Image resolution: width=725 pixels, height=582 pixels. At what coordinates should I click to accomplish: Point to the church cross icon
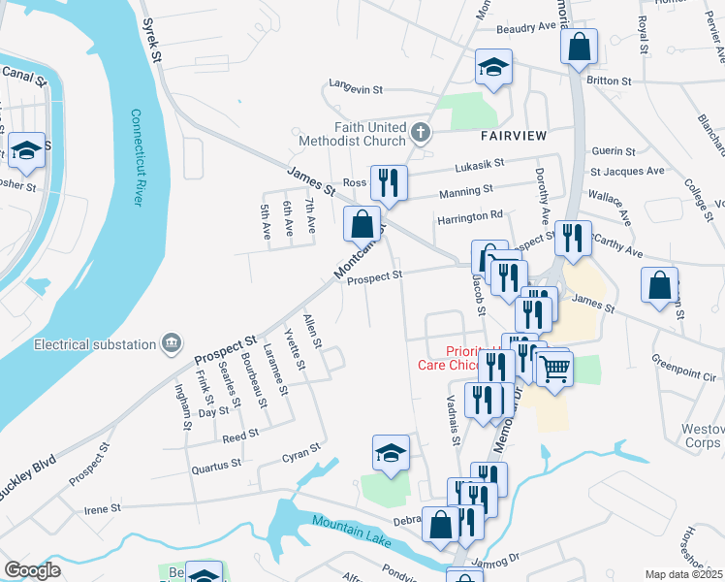coord(420,132)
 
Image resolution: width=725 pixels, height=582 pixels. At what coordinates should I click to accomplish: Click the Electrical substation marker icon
coord(172,342)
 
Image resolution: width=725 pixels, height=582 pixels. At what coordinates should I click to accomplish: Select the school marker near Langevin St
coord(492,67)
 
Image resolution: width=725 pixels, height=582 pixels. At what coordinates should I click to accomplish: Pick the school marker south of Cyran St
coord(392,452)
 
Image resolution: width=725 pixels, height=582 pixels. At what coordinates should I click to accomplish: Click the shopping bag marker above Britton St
coord(579,46)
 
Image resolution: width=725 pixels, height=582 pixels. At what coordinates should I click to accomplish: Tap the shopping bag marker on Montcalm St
coord(362,223)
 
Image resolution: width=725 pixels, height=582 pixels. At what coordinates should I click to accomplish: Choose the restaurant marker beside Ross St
coord(389,182)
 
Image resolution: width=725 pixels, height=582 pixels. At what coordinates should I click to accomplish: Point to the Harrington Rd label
coord(470,215)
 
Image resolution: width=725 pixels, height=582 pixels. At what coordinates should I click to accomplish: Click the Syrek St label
coord(150,39)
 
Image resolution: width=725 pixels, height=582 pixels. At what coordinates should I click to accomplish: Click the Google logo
coord(32,570)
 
